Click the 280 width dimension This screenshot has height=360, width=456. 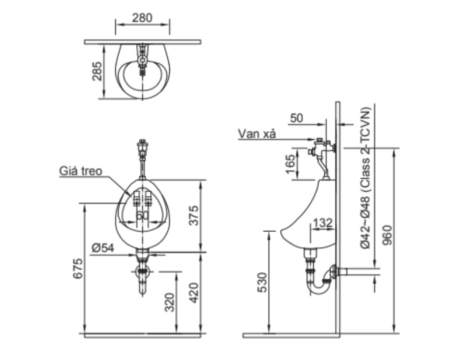click(142, 18)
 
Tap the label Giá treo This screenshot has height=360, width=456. click(81, 171)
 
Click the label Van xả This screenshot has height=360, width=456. click(257, 134)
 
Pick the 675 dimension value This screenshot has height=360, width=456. click(78, 268)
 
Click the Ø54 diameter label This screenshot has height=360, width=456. click(103, 248)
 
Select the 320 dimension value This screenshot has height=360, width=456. click(170, 303)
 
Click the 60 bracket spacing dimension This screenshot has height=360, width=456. click(142, 215)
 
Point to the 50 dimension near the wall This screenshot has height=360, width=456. click(297, 118)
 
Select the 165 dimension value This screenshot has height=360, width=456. click(291, 164)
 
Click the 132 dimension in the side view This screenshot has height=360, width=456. click(323, 224)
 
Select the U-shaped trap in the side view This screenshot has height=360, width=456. click(320, 286)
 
